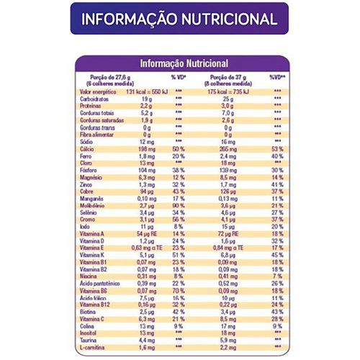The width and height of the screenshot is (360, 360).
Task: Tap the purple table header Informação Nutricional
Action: pos(183,63)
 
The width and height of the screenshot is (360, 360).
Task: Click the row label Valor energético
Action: pos(99,92)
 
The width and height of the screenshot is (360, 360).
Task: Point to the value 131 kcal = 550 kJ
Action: pos(146,92)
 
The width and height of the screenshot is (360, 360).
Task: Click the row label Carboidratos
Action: pos(95,99)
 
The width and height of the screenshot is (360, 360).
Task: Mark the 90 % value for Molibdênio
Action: pos(179,206)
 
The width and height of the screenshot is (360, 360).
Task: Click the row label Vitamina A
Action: pos(93,233)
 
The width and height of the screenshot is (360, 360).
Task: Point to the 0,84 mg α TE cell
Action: pos(230,247)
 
